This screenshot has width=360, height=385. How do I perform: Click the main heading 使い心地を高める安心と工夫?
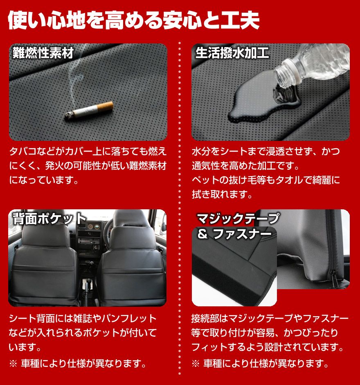[133, 21]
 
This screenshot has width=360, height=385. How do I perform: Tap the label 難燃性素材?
[43, 53]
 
